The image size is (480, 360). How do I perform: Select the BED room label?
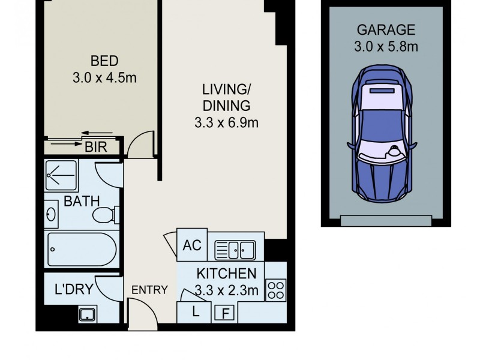pyautogui.click(x=104, y=61)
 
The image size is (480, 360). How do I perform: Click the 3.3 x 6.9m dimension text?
pyautogui.click(x=226, y=124)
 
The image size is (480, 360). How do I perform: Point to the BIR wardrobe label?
pyautogui.click(x=96, y=146)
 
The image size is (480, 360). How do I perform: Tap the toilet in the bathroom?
pyautogui.click(x=109, y=214)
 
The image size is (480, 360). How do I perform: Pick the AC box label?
pyautogui.click(x=192, y=245)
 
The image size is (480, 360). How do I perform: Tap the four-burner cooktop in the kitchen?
pyautogui.click(x=275, y=290)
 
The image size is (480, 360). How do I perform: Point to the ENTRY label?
pyautogui.click(x=149, y=290)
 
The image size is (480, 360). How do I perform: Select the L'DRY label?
pyautogui.click(x=74, y=289)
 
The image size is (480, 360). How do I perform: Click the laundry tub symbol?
pyautogui.click(x=88, y=313)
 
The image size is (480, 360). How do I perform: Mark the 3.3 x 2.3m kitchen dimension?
pyautogui.click(x=226, y=290)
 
